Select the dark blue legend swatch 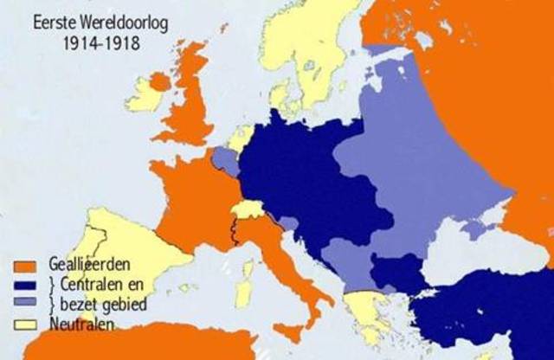[x=24, y=286]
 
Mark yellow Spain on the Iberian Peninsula [x=121, y=251]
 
